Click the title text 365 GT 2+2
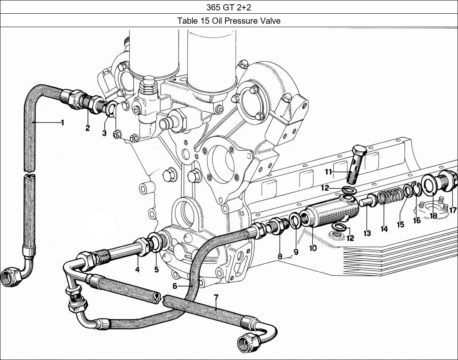[229, 7]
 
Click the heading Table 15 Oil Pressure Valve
[229, 20]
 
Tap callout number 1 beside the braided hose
[62, 122]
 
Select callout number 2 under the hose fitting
[87, 128]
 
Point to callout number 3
[104, 133]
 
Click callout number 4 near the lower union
[137, 270]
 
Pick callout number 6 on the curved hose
[174, 286]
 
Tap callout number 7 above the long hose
[216, 297]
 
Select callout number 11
[329, 171]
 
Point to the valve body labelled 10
[329, 215]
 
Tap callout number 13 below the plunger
[367, 234]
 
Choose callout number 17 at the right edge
[453, 210]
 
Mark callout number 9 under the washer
[296, 252]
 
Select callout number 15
[400, 225]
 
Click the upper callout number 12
[325, 188]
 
